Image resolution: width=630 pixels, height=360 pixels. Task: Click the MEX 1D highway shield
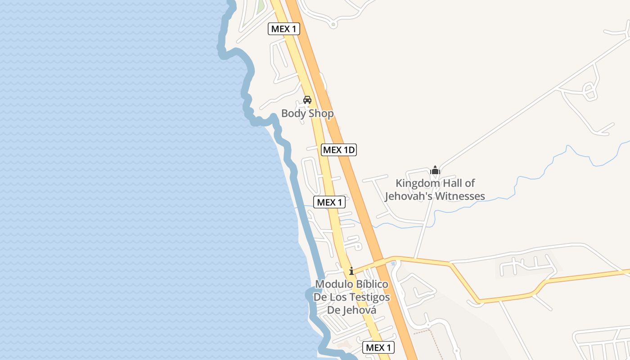coord(339,150)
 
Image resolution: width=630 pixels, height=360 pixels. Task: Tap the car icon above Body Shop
coord(307,99)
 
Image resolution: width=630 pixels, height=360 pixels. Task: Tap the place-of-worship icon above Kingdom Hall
coord(435,170)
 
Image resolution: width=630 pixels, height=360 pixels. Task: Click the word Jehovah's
coord(405,196)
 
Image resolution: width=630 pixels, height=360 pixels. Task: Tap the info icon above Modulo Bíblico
coord(351,271)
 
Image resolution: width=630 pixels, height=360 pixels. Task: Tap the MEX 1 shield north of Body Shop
coord(284,29)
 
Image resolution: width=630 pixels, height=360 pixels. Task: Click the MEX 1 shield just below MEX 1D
coord(329,202)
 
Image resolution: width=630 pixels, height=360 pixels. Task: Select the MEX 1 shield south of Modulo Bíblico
coord(378,347)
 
